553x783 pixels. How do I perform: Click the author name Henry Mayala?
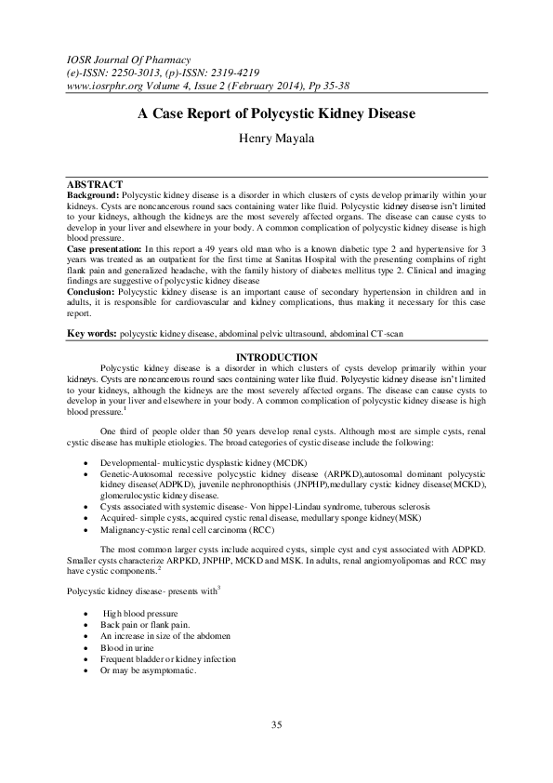276,141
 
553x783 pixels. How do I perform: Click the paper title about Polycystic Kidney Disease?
276,114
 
